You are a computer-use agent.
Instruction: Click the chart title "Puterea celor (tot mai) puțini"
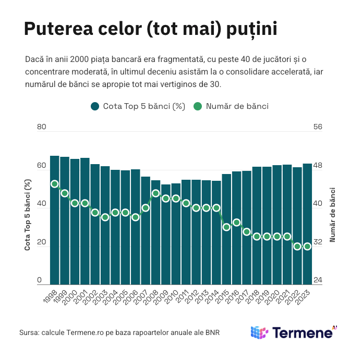click(150, 29)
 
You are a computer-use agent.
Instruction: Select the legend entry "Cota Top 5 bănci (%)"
click(138, 106)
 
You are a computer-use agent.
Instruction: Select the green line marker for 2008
click(155, 193)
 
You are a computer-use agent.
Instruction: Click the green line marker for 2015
click(226, 227)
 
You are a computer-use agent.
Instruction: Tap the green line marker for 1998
click(54, 184)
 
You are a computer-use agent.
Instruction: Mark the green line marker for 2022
click(297, 246)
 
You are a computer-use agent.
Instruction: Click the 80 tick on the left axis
click(42, 127)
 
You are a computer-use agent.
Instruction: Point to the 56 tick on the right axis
click(318, 127)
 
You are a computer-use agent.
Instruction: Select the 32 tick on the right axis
click(318, 242)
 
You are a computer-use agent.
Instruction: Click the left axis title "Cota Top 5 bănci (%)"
click(28, 215)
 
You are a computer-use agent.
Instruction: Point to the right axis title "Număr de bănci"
click(332, 214)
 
